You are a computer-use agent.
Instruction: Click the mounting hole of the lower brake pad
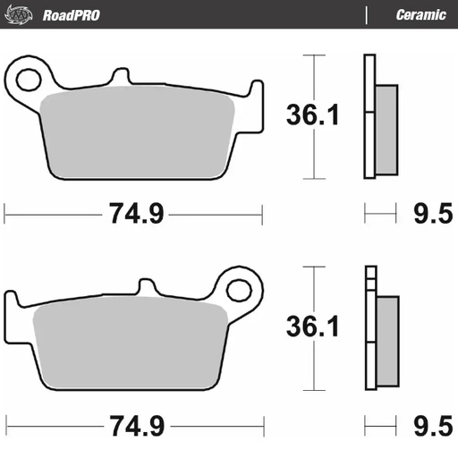pos(240,289)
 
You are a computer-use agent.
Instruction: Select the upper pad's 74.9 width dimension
pos(134,214)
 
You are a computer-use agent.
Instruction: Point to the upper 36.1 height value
pos(312,114)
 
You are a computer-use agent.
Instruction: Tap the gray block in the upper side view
pos(386,130)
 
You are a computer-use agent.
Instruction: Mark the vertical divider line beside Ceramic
pos(367,15)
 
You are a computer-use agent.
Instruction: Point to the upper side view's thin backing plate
pos(368,117)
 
